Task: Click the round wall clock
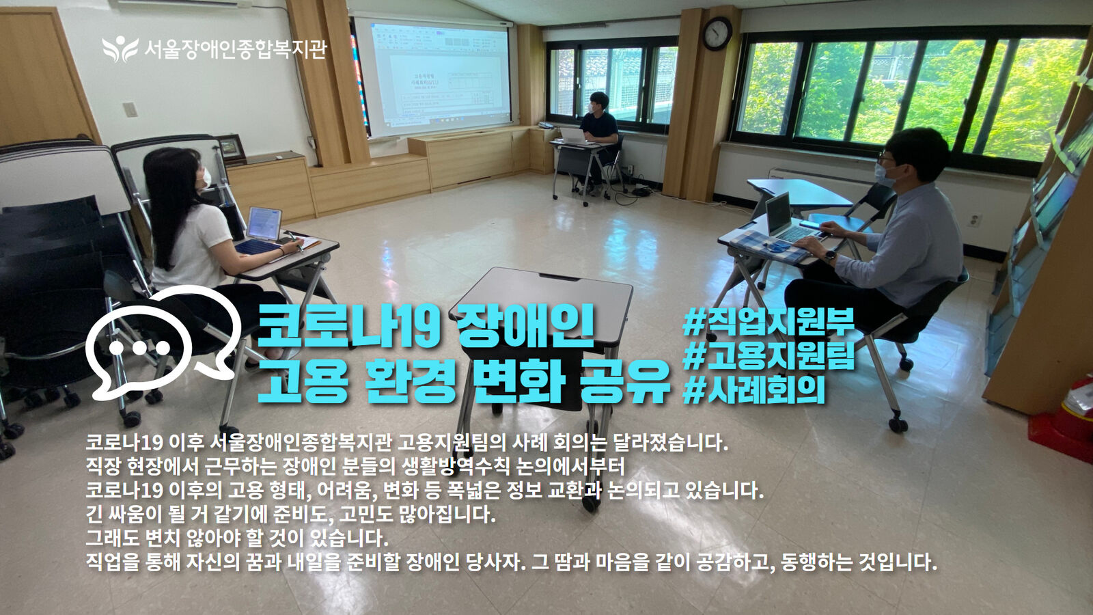click(x=717, y=33)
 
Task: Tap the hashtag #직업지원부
click(x=768, y=323)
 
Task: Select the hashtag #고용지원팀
click(x=769, y=357)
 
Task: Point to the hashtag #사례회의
click(x=753, y=390)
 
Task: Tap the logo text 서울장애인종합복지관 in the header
click(x=235, y=49)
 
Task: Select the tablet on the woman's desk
click(x=264, y=223)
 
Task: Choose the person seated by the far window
click(x=598, y=139)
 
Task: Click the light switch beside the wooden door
click(x=129, y=109)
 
